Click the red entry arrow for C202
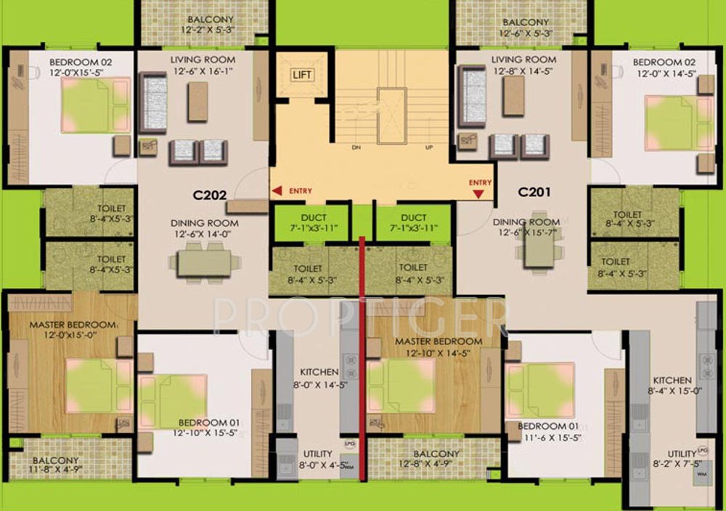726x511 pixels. (x=277, y=191)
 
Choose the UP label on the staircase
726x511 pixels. (x=428, y=148)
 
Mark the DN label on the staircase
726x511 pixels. (x=356, y=148)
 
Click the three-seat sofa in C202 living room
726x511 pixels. (x=153, y=102)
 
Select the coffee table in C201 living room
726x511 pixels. (x=514, y=96)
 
